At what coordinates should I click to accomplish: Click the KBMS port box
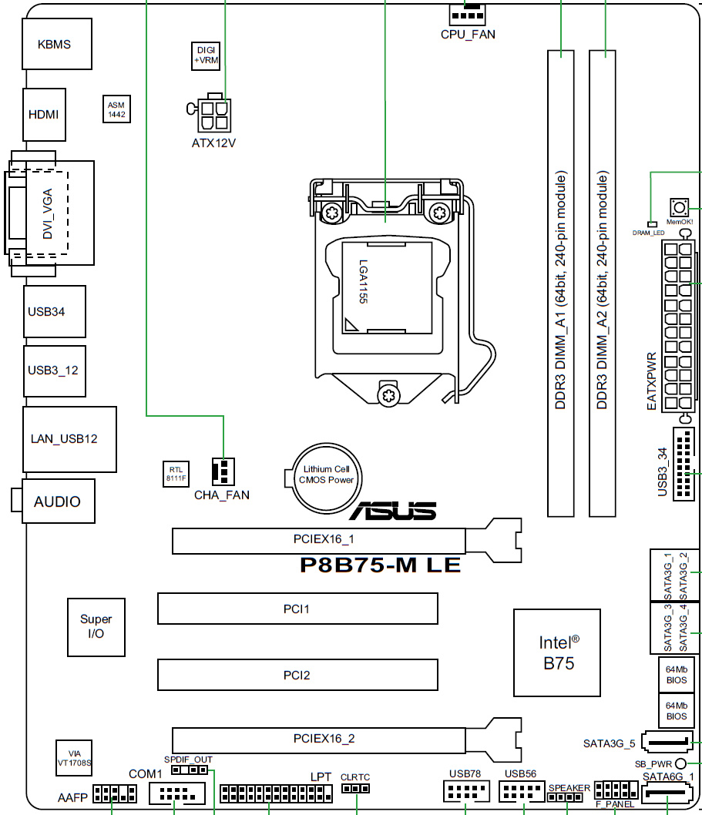(57, 44)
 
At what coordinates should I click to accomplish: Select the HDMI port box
(44, 114)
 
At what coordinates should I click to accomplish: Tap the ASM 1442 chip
(116, 109)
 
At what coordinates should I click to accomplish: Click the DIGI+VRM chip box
(206, 55)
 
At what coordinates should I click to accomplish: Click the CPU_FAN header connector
(468, 15)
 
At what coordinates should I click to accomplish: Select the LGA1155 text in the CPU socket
(363, 281)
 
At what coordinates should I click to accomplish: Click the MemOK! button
(679, 209)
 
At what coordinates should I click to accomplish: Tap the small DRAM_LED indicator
(651, 224)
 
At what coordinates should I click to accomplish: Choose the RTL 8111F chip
(176, 474)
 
